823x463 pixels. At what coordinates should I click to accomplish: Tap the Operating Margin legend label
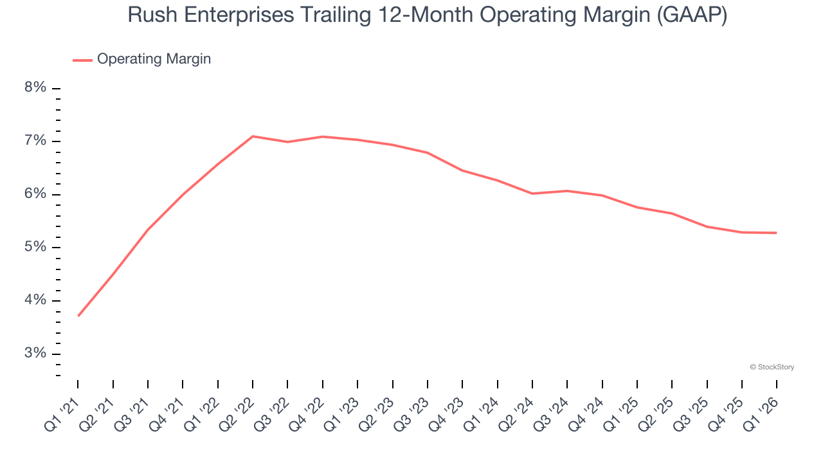[x=154, y=59]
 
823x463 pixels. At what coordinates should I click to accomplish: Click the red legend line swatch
[x=82, y=60]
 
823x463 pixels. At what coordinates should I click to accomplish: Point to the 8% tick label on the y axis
[x=35, y=88]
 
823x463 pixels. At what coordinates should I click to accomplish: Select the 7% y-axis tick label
[x=35, y=141]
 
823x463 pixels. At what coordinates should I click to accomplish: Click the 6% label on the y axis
[x=35, y=194]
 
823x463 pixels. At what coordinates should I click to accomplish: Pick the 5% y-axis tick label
[x=35, y=248]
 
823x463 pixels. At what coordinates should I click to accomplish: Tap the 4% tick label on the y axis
[x=35, y=300]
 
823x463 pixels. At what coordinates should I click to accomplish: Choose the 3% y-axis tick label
[x=35, y=354]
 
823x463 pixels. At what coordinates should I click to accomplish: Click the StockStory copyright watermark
[x=772, y=367]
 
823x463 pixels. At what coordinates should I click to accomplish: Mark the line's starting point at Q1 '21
[x=78, y=316]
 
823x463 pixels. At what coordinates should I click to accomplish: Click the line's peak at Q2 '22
[x=253, y=136]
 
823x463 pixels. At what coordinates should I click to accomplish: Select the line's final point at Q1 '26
[x=776, y=233]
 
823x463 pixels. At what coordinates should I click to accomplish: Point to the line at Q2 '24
[x=532, y=193]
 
